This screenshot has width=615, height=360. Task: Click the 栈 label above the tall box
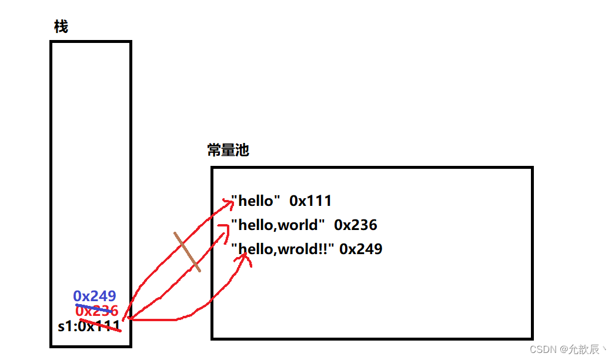point(61,26)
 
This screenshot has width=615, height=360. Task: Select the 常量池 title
point(228,150)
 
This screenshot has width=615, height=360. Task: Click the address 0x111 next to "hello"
point(310,201)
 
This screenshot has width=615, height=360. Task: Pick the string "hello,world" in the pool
point(278,225)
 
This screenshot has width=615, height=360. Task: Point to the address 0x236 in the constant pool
point(356,225)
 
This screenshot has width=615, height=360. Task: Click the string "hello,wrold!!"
point(283,249)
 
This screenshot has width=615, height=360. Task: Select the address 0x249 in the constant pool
point(361,249)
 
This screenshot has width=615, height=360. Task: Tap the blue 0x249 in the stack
point(95,296)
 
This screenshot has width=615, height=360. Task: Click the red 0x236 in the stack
point(97,311)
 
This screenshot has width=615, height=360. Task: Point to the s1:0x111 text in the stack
point(89,326)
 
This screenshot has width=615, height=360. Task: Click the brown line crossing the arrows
point(187,252)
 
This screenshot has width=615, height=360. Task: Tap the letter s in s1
point(61,326)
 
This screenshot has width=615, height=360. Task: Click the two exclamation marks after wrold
point(327,249)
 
